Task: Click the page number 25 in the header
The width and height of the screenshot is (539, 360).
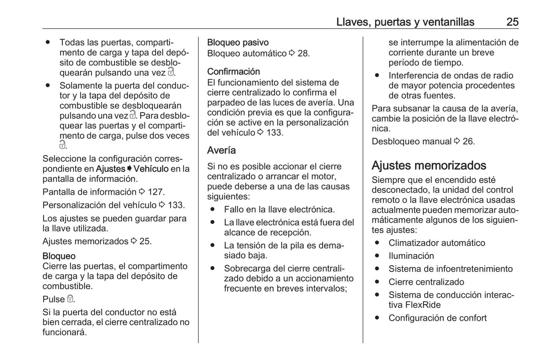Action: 512,22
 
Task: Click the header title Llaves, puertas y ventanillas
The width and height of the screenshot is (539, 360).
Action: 405,22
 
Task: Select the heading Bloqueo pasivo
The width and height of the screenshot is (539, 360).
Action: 238,43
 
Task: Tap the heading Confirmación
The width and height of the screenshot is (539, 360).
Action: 234,72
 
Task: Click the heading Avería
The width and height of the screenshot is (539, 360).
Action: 222,150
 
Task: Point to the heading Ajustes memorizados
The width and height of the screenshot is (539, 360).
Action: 429,165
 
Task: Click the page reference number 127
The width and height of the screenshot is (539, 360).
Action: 156,192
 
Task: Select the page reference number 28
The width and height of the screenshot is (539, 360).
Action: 303,53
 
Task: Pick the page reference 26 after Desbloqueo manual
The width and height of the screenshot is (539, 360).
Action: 469,141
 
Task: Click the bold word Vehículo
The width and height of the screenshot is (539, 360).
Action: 151,169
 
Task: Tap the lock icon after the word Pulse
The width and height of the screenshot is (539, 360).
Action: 70,299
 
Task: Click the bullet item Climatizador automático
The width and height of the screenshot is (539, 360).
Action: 437,243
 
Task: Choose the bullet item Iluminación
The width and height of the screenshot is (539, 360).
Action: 411,256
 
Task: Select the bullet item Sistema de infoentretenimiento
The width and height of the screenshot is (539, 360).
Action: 451,269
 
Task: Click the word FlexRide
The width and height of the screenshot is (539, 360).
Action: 423,305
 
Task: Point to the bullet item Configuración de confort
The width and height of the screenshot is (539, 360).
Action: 438,318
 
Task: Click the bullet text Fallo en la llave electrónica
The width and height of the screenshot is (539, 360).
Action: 279,209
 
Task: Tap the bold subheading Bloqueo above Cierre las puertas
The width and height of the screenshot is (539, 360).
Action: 59,256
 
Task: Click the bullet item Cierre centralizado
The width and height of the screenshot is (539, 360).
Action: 426,282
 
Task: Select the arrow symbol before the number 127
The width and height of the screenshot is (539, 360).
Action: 142,192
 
